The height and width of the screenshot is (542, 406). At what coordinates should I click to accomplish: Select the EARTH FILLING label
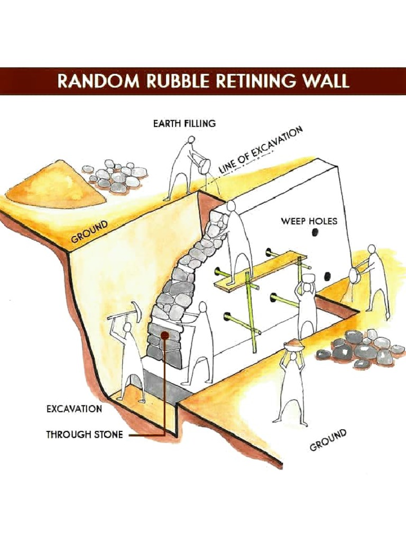[184, 124]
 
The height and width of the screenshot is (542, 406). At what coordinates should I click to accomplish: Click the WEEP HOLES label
[309, 221]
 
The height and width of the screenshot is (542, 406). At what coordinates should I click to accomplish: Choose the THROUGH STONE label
[85, 435]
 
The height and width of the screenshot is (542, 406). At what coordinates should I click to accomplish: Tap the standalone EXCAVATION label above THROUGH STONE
[75, 409]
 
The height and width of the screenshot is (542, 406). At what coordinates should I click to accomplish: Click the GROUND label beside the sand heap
[90, 232]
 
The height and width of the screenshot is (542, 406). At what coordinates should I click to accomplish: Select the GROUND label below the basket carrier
[328, 440]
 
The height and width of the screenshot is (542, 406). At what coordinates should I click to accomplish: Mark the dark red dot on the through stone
[165, 335]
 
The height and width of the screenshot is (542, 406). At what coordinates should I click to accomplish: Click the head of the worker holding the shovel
[372, 248]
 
